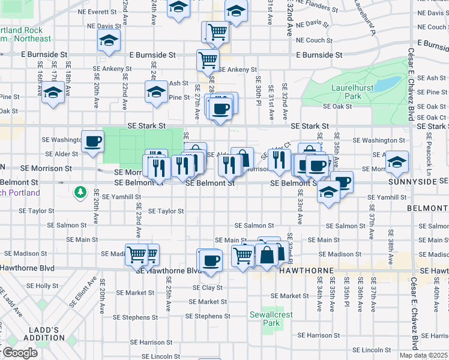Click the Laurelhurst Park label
[x=346, y=91]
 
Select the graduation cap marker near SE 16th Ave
[x=53, y=93]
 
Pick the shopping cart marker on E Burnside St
[x=208, y=60]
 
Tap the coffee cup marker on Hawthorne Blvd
[x=210, y=261]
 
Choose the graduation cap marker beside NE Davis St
[x=109, y=40]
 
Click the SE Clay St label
[x=208, y=287]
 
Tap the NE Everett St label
[x=97, y=11]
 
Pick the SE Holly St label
[x=43, y=286]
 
